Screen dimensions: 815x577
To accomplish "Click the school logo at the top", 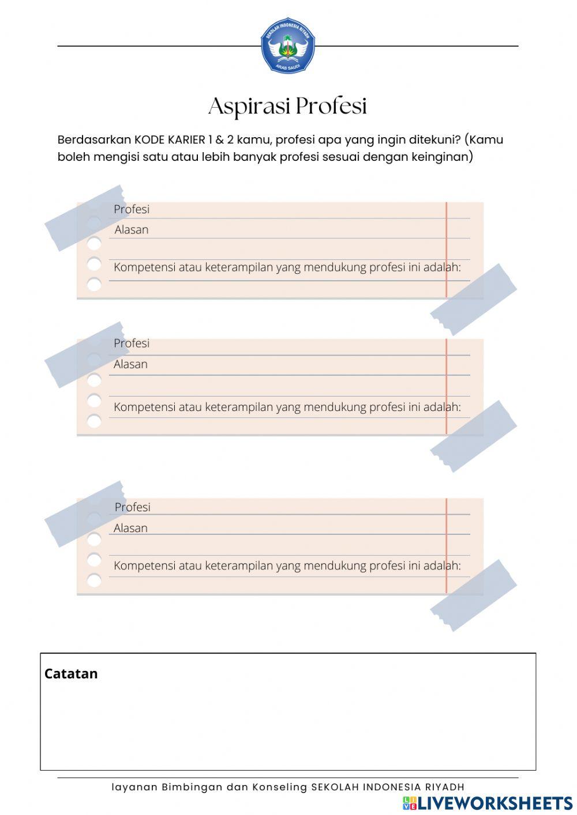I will (287, 46).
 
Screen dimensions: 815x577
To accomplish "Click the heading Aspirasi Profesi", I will (287, 107).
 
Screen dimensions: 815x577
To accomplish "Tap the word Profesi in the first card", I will (132, 210).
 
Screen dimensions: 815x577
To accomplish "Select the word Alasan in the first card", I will (132, 230).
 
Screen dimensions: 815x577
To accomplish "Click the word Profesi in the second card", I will (132, 344).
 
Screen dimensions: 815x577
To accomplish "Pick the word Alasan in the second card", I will (130, 364).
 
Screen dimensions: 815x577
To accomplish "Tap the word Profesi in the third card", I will (132, 507).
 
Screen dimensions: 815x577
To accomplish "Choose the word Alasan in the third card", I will (130, 529).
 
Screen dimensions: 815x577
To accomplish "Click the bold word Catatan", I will (71, 674).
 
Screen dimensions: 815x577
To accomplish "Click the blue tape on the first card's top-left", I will (85, 218).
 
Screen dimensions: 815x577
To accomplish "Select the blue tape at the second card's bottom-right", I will (473, 436).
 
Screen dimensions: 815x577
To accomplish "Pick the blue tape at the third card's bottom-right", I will (473, 595).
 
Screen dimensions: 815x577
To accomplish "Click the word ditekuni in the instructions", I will (435, 140).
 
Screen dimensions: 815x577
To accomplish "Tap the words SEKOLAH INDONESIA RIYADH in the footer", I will (388, 787).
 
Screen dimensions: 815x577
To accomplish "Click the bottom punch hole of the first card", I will (94, 284).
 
